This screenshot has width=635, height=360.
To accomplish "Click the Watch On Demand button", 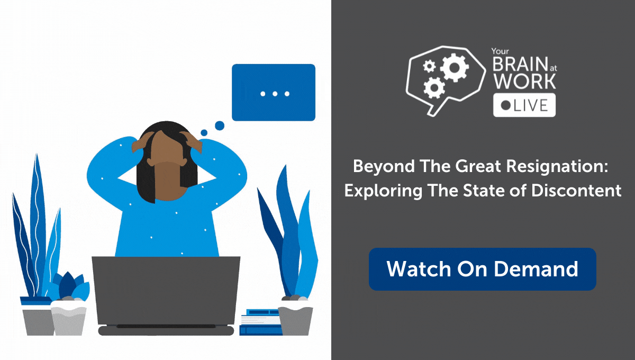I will pos(482,269).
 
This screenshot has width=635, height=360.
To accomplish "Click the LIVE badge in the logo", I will pos(524,105).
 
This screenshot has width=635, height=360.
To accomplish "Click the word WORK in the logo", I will pos(524,82).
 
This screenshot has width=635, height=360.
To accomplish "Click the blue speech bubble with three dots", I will pos(274,93).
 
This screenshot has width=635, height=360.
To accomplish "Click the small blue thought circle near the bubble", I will pos(219,125).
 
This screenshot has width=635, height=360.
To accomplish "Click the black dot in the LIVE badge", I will pos(505,105).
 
